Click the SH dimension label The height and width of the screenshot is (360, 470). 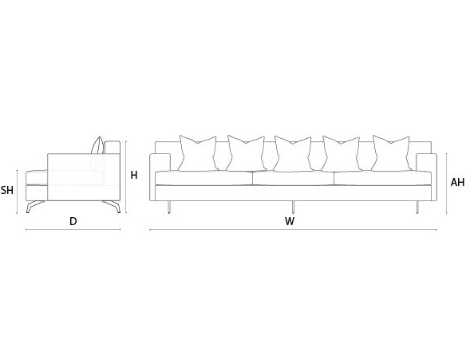pyautogui.click(x=7, y=190)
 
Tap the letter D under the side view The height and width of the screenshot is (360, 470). pyautogui.click(x=73, y=221)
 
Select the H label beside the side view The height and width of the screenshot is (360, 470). pyautogui.click(x=134, y=175)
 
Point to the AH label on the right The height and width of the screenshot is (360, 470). pyautogui.click(x=457, y=182)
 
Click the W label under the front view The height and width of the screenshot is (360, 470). pyautogui.click(x=290, y=221)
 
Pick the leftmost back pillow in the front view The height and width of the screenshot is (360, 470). pyautogui.click(x=198, y=153)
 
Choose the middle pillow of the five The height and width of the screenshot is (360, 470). pyautogui.click(x=293, y=154)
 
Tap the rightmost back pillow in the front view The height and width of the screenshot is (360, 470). pyautogui.click(x=391, y=153)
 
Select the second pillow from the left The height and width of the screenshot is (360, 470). pyautogui.click(x=246, y=153)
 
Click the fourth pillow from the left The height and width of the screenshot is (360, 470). pyautogui.click(x=341, y=154)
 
